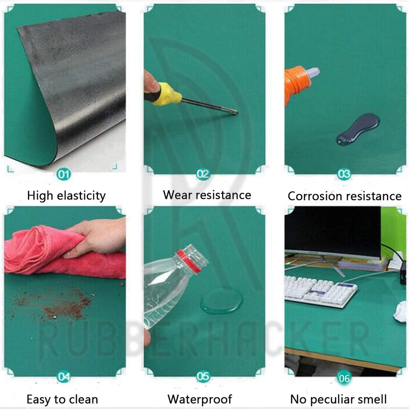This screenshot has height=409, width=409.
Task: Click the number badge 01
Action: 64,174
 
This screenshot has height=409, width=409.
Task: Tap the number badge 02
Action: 203,174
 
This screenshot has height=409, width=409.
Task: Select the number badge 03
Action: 344,174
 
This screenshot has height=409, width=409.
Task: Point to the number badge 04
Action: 64,376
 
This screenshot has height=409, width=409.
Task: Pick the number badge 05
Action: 203,376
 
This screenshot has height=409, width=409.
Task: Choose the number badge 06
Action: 344,378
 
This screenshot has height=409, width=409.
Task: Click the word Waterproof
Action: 200,399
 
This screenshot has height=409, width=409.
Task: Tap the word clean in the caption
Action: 84,399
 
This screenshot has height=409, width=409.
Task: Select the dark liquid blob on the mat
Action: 358,129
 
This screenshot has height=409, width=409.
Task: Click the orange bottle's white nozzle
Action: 312,73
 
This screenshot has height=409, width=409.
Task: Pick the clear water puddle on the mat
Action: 222,301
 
